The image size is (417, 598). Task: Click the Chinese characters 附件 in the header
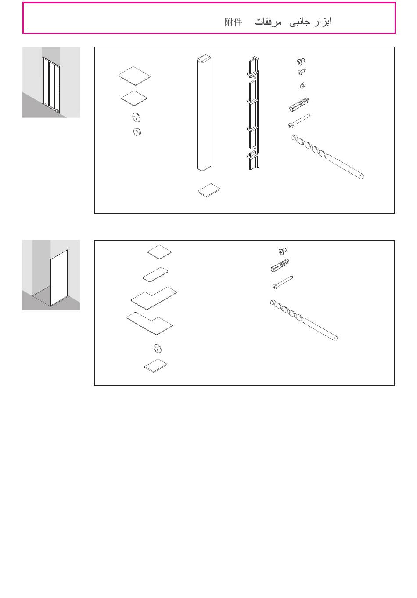pos(233,22)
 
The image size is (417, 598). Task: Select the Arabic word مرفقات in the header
pos(268,22)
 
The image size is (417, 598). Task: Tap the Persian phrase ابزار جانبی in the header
pos(310,22)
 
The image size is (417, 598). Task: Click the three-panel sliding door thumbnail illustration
pos(51,83)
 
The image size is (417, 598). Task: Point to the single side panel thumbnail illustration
pos(51,275)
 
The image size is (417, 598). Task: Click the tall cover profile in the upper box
pos(204,113)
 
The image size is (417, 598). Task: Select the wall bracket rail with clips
pos(253,113)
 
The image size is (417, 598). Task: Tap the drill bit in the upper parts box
pos(327,157)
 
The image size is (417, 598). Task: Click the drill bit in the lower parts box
pos(304,320)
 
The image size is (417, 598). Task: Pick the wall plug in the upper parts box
pos(299,104)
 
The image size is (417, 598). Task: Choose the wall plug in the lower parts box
pos(280,266)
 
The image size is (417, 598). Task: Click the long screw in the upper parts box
pos(299,121)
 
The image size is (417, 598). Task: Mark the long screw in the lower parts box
pos(283,282)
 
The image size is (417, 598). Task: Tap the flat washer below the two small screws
pos(302,85)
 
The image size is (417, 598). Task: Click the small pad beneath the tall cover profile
pos(209,190)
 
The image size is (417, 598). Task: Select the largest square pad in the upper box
pos(135,76)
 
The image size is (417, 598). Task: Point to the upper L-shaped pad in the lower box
pos(154,298)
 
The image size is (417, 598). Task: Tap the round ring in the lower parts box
pos(158,348)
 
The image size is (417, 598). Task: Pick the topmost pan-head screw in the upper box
pos(301,62)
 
